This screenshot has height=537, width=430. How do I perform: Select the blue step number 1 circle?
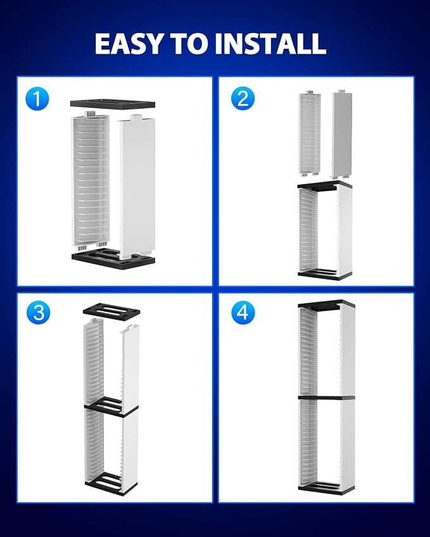click(x=37, y=99)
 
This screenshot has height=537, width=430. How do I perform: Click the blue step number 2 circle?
click(x=243, y=99)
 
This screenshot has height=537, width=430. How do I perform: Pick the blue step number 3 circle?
click(x=38, y=312)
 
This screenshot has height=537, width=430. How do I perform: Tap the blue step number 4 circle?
click(x=243, y=312)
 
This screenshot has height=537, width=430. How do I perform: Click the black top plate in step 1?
click(x=113, y=104)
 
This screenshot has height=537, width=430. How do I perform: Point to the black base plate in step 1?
click(x=113, y=259)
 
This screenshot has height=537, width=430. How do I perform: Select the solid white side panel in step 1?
click(x=137, y=187)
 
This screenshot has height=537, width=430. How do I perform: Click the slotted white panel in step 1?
click(x=90, y=181)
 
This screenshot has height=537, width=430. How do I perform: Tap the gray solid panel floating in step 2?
click(x=342, y=134)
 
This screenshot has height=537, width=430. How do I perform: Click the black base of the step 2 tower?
click(x=325, y=275)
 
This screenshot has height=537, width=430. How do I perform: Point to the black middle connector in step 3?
click(x=111, y=407)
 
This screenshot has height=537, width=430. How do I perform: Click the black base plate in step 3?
click(x=111, y=485)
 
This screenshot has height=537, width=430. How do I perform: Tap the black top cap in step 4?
click(x=326, y=305)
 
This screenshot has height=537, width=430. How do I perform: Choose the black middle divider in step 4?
click(x=326, y=398)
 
